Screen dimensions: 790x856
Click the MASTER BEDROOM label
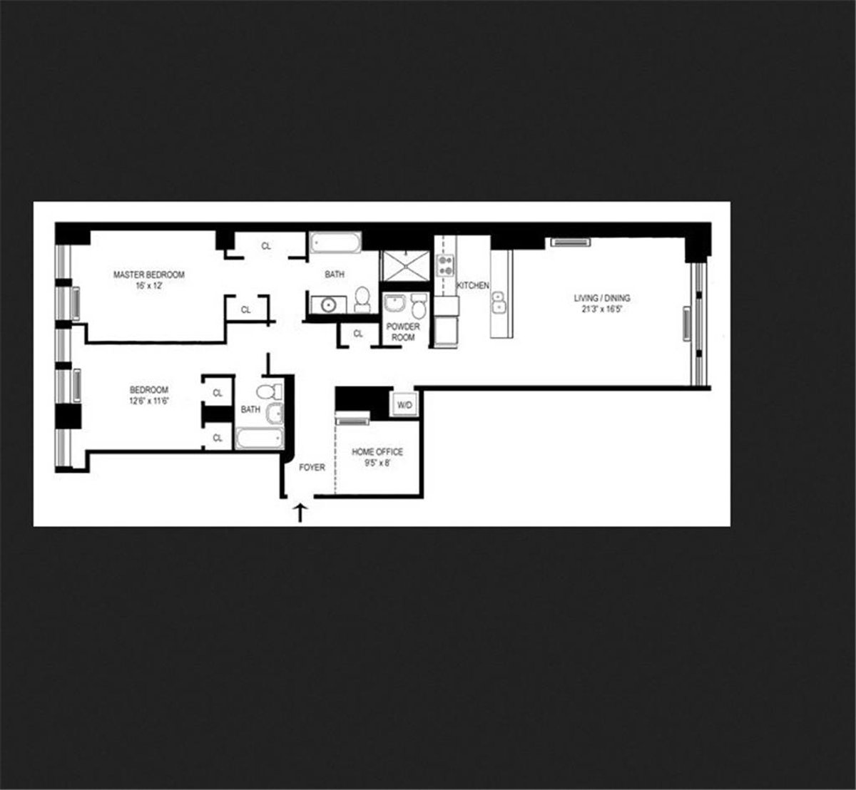pos(149,275)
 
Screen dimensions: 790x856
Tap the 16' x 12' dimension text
pos(149,285)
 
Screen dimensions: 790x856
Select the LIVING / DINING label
pos(602,299)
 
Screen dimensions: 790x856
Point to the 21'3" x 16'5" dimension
pos(602,309)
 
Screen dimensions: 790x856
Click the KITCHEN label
pos(473,285)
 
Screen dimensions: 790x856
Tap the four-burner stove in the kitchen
pos(446,266)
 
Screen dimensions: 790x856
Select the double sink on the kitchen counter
pos(498,302)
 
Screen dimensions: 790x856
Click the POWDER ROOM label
pos(403,332)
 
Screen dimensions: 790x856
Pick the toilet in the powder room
pos(419,308)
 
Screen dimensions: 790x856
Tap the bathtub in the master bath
pos(335,243)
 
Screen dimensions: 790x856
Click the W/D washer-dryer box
pos(404,405)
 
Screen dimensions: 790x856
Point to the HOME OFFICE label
pos(377,452)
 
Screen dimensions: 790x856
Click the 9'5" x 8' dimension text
pos(377,463)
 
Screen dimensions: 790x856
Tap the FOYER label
pos(312,468)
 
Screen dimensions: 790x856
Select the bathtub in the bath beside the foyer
pos(259,438)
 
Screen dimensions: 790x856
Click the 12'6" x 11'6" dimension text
pos(148,401)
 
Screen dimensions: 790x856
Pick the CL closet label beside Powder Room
pos(358,333)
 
